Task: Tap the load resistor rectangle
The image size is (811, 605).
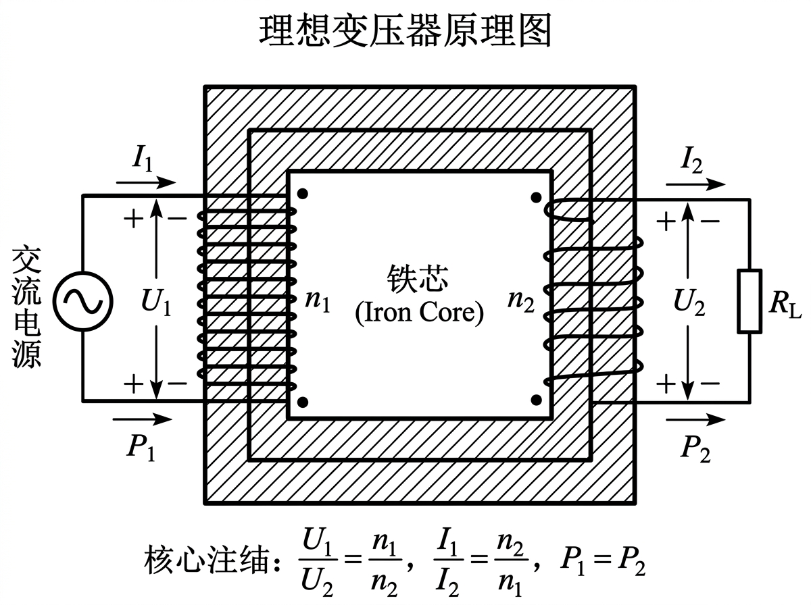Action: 750,301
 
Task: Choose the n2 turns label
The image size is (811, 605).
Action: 520,301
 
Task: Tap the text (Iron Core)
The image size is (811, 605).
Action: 420,315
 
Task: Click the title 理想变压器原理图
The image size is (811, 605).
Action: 405,31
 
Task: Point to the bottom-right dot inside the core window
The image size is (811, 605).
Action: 536,400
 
